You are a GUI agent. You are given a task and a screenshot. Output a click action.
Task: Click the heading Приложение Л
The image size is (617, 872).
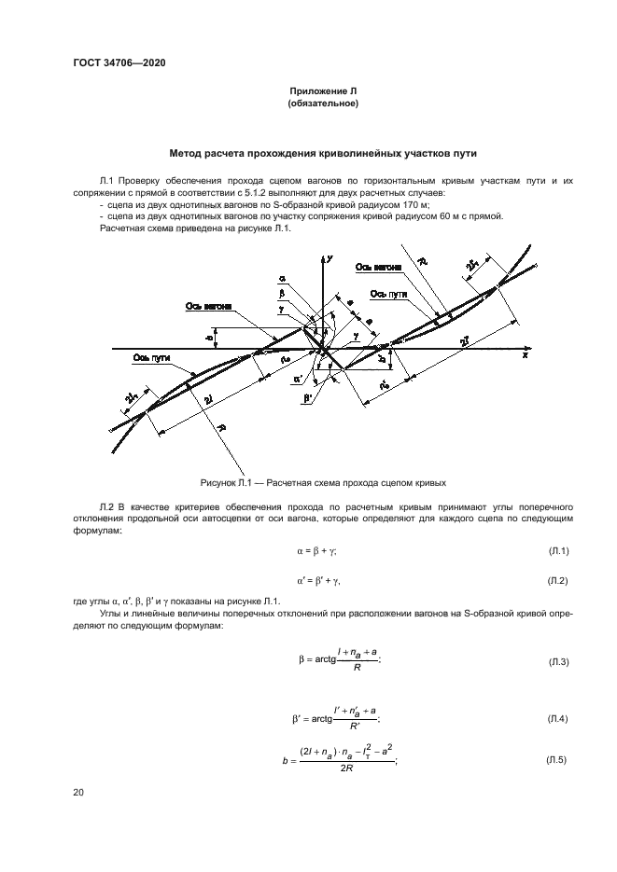coord(324,91)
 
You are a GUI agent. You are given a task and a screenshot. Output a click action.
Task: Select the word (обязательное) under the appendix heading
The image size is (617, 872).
coord(324,103)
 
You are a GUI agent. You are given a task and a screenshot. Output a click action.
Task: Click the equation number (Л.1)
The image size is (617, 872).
coord(558,551)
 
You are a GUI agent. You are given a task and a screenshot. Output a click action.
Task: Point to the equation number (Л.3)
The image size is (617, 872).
coord(558,661)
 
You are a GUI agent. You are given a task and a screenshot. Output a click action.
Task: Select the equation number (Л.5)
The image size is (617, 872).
coord(558,761)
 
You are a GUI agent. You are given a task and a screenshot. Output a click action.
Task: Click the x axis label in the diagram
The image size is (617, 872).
coord(526,355)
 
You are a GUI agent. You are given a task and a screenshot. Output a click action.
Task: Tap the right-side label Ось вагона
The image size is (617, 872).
coord(378,267)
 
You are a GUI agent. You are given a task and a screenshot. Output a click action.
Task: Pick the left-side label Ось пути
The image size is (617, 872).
coord(152,356)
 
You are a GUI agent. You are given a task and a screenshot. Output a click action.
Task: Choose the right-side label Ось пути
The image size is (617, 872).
coord(389,294)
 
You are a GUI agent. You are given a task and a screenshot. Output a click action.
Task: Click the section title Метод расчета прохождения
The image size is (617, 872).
coord(324,152)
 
